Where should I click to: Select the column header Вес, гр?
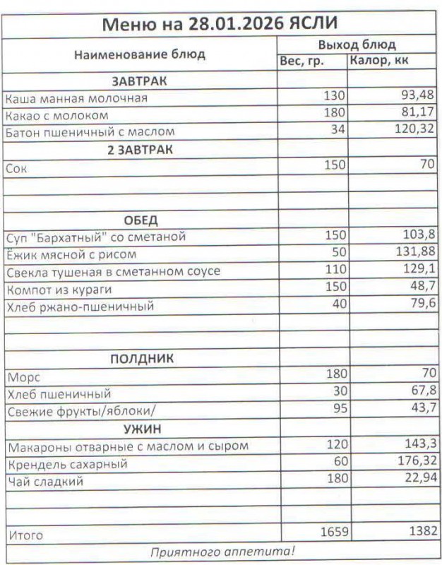point(301,61)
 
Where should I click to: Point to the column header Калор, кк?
point(378,61)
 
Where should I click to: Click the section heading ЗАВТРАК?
point(139,81)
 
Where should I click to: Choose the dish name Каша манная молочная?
point(76,98)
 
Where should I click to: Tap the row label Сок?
point(16,169)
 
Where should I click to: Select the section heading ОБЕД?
point(140,220)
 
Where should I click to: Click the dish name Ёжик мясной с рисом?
point(71,254)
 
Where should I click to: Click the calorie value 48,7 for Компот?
point(419,287)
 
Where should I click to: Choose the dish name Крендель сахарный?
point(66,465)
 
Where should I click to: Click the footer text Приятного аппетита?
point(222,551)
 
